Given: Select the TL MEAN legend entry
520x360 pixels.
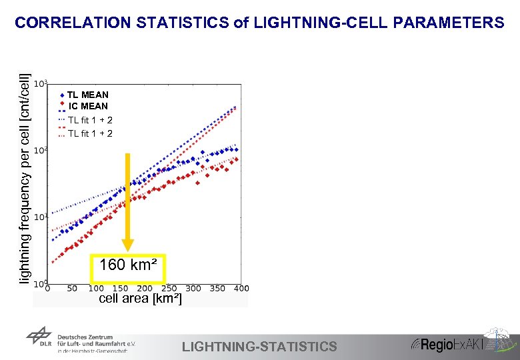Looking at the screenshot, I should (x=87, y=95).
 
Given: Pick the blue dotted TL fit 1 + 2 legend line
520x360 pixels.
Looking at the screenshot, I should (x=62, y=120).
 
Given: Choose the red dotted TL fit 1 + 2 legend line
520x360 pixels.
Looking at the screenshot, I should (x=62, y=133).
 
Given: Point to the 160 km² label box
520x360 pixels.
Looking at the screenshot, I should (x=127, y=266).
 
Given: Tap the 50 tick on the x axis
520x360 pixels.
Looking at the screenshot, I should (x=71, y=289).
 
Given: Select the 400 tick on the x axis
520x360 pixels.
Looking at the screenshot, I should (x=241, y=289).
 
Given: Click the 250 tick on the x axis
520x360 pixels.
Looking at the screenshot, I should (x=169, y=289).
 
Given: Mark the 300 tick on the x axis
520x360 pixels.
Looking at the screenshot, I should (x=193, y=289).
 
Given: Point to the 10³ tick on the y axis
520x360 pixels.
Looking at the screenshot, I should (x=40, y=84).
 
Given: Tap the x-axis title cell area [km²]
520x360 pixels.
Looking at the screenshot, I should (x=139, y=299).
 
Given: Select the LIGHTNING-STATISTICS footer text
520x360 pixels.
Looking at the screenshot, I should (x=259, y=346).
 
